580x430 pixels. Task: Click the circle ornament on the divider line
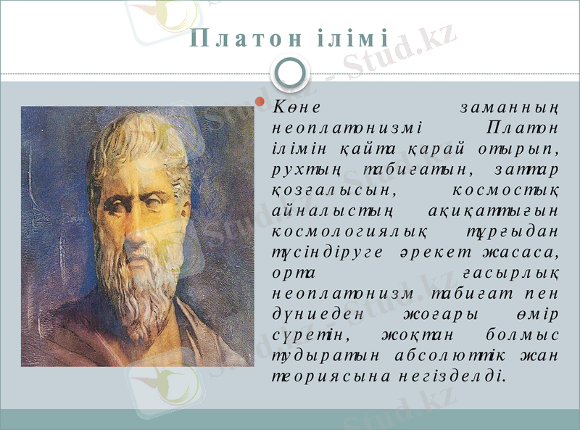[290, 70]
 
